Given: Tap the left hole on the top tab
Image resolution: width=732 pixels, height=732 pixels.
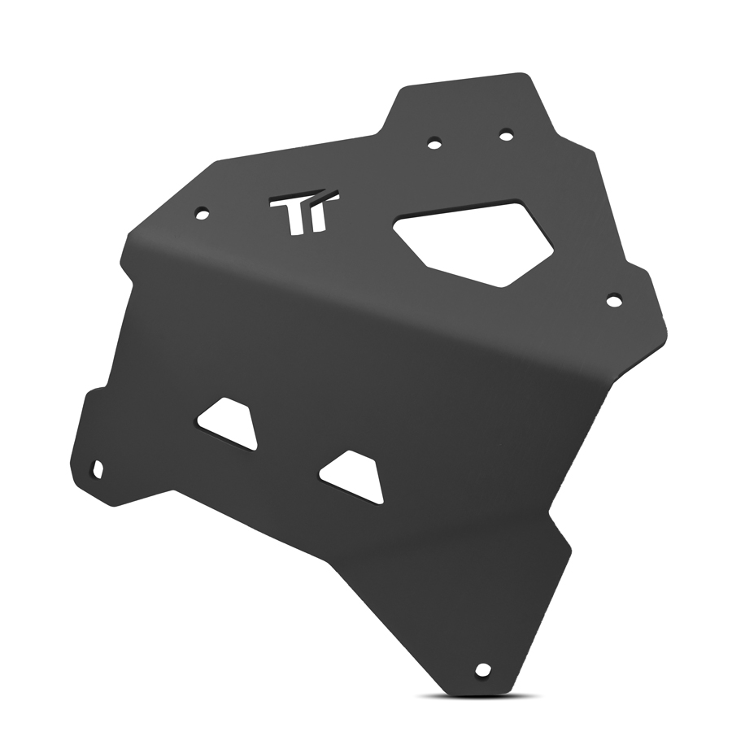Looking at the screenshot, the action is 434,143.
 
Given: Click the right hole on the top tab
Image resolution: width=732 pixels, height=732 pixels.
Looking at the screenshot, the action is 506,135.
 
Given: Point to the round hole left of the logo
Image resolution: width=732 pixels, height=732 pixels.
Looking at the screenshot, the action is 203,214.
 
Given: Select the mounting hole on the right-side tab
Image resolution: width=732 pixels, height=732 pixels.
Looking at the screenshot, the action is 614,300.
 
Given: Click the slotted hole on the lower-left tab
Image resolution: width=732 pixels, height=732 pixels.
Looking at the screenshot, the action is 98,469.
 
